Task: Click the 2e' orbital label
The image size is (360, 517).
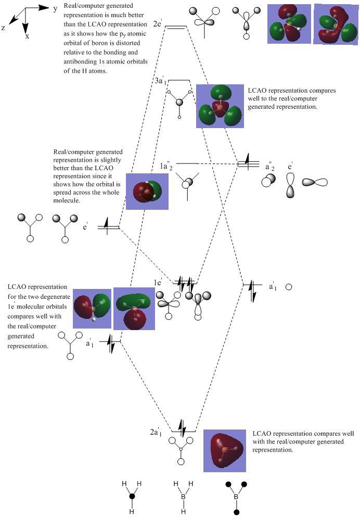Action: [158, 24]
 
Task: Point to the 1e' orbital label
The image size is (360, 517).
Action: [158, 283]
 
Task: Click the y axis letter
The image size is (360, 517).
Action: [55, 9]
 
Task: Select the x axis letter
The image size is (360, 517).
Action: [28, 36]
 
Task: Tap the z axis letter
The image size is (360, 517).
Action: [3, 28]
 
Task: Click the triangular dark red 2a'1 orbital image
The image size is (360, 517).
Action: [225, 450]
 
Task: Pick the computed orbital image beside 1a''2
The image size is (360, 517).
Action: [147, 192]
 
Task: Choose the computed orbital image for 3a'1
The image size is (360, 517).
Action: [220, 106]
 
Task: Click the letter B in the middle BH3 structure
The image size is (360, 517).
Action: [184, 497]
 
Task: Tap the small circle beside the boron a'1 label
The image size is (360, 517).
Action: [289, 287]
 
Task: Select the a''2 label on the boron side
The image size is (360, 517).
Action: [270, 167]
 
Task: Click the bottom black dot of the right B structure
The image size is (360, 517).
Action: [237, 512]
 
